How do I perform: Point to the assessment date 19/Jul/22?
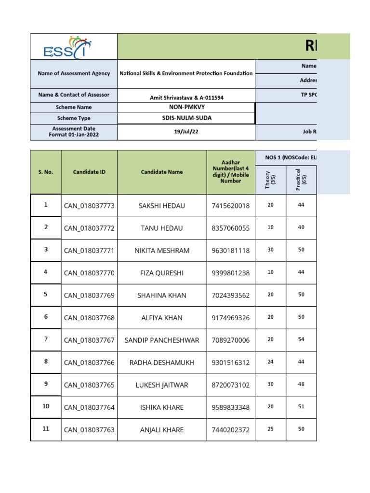tap(185, 132)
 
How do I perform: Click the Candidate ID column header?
tap(89, 172)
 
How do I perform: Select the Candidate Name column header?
tap(162, 172)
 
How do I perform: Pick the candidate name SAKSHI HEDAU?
tap(162, 206)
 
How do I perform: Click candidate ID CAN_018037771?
tap(89, 250)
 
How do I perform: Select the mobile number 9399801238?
tap(230, 273)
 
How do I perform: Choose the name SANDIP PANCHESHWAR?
tap(162, 340)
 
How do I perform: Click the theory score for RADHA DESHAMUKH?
tap(270, 362)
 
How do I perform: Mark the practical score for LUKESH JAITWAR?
tap(301, 384)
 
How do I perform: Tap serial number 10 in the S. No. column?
tap(46, 406)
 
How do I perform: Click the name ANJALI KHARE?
tap(162, 429)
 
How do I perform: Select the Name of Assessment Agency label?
tap(73, 74)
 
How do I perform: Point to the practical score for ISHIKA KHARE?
tap(301, 406)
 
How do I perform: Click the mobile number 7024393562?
tap(230, 295)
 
